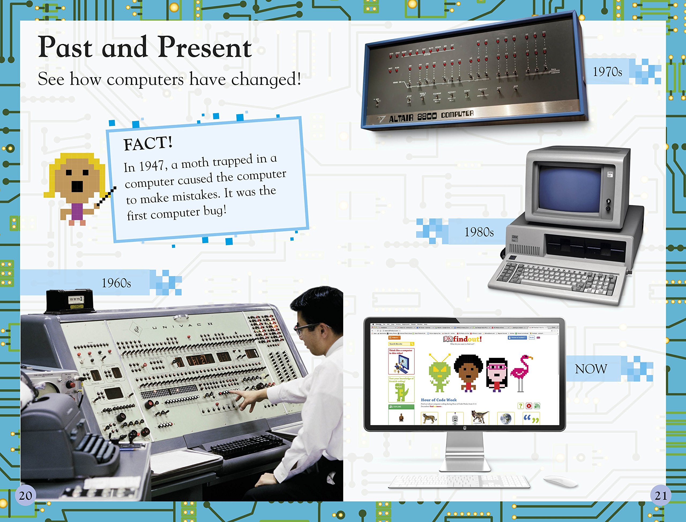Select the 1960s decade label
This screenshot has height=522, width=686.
point(116,283)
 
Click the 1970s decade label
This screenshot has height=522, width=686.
point(607,72)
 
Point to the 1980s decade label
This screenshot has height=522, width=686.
point(479,232)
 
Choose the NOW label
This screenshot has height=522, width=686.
point(591,369)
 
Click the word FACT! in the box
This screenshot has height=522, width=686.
point(148,143)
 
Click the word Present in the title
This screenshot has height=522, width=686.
point(204,47)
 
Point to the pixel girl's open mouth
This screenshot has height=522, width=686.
point(77,186)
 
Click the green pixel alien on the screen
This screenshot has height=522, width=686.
point(439,373)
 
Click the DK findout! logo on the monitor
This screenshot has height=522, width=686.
point(463,339)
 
